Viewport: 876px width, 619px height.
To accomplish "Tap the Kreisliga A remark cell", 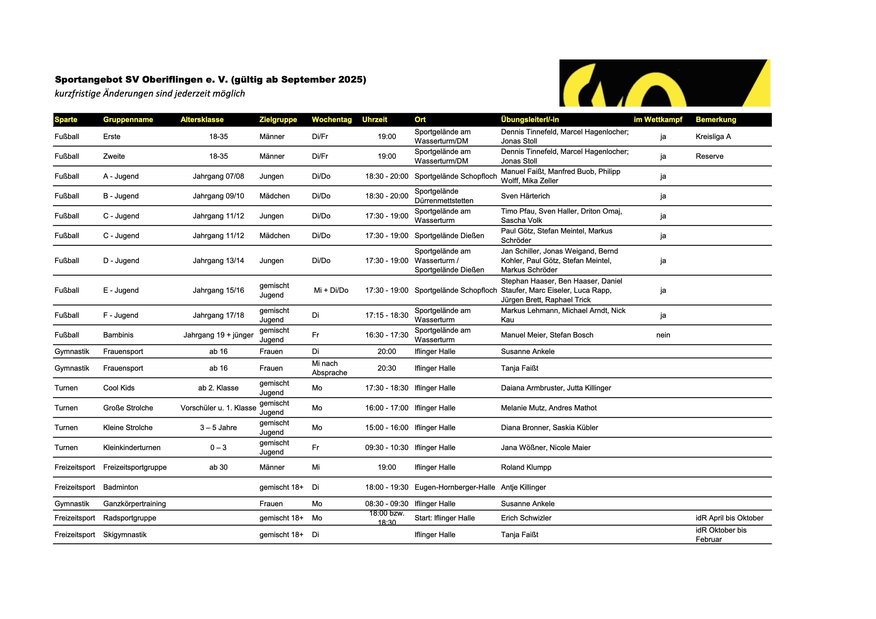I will pos(713,137).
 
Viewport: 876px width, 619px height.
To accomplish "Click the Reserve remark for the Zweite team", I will pos(709,156).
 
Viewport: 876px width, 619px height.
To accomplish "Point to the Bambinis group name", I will pos(118,335).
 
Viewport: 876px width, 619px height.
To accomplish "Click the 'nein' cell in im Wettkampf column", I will pos(663,335).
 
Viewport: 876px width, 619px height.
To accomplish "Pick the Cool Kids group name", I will pos(119,388).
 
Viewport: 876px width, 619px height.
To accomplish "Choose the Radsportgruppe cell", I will pos(129,518).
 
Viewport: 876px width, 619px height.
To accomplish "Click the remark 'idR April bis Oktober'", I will pos(729,518).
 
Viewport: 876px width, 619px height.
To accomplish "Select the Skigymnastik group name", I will pos(125,535).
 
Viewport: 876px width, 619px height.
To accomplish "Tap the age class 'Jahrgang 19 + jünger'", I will pos(218,335).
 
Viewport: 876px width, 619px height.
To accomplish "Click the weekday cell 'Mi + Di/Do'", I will pos(331,290).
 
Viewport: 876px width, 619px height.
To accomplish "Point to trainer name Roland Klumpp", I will pos(526,467).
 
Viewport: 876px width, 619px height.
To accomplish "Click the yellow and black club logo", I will pos(664,83).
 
